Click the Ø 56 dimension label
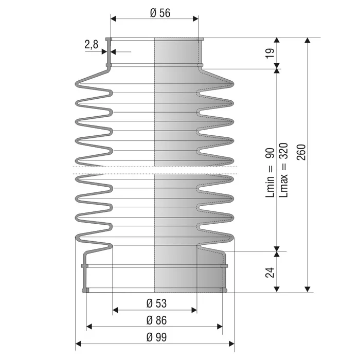160,13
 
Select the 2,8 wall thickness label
92,44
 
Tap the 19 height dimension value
270,53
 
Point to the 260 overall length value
301,152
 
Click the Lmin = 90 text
270,173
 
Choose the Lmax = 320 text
283,170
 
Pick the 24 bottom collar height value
270,272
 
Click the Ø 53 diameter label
156,303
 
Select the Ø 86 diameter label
156,320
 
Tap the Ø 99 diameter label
156,337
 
